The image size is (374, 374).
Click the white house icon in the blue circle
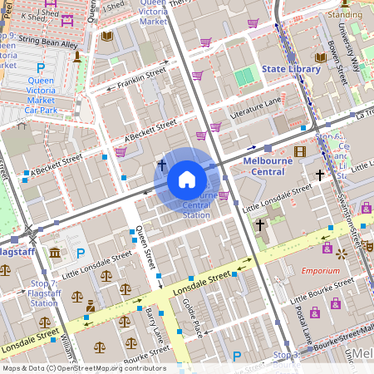tap(187, 180)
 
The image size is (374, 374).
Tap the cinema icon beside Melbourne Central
tap(300, 150)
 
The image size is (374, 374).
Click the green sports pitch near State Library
tap(244, 77)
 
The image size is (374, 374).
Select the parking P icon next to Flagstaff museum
tap(81, 253)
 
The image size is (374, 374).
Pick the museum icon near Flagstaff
tap(55, 253)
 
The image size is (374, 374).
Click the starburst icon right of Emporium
tap(339, 271)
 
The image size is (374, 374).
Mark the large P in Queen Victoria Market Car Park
tap(40, 67)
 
